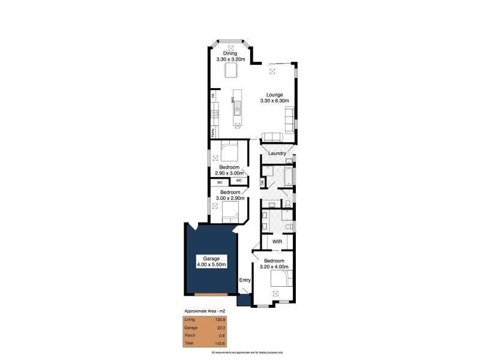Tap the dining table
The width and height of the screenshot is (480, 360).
(231, 71)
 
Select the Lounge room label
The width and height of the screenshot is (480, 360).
(275, 95)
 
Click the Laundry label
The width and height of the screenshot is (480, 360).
(277, 154)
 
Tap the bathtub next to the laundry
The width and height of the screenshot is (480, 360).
(287, 177)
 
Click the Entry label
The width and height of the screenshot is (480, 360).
(244, 280)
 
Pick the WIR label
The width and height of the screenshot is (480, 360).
(277, 241)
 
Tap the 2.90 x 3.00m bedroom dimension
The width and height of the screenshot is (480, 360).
(229, 173)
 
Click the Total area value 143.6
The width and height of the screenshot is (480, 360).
(220, 344)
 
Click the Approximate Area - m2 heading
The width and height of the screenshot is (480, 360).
(204, 311)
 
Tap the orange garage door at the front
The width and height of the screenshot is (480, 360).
(211, 295)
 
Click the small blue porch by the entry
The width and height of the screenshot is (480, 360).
(244, 301)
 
